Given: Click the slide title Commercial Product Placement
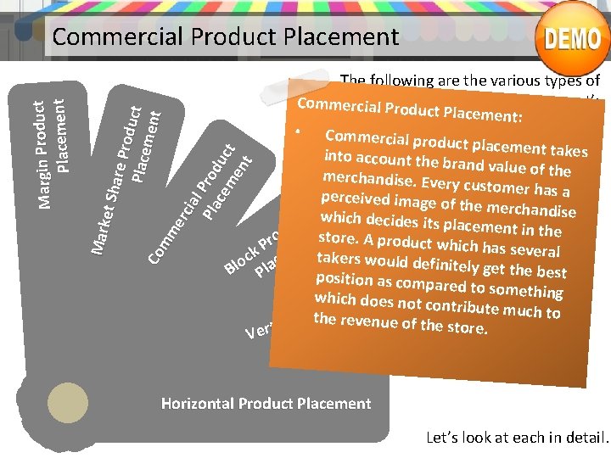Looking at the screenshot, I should coord(225,36).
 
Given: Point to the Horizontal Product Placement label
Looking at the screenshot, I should coord(266,404).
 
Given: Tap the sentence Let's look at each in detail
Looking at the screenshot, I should coord(517,438).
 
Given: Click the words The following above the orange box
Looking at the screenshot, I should coord(387,81).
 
